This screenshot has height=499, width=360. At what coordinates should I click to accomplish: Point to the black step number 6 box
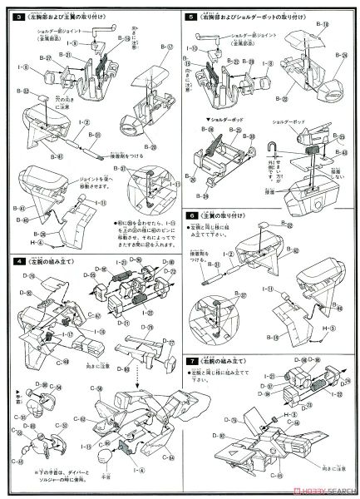pos(191,213)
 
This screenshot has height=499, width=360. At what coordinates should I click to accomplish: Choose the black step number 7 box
pos(191,363)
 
